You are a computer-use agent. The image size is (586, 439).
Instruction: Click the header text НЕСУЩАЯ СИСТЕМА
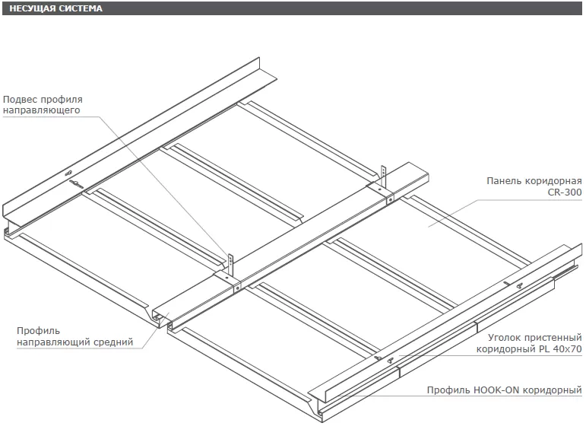(x=56, y=8)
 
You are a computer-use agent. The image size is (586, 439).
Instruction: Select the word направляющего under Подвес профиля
(x=42, y=111)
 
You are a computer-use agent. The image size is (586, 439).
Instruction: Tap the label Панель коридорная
(x=534, y=181)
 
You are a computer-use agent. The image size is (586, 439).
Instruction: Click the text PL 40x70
(x=559, y=349)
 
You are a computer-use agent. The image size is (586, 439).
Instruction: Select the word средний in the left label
(x=115, y=342)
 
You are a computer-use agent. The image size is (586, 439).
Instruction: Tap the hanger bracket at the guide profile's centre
(x=229, y=264)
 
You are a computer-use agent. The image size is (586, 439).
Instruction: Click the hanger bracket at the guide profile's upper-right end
(x=384, y=178)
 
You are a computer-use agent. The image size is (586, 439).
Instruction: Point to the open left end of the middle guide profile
(x=160, y=317)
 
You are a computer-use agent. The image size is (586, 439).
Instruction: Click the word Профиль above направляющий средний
(x=38, y=331)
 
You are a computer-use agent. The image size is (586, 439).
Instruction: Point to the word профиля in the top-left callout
(x=62, y=100)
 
